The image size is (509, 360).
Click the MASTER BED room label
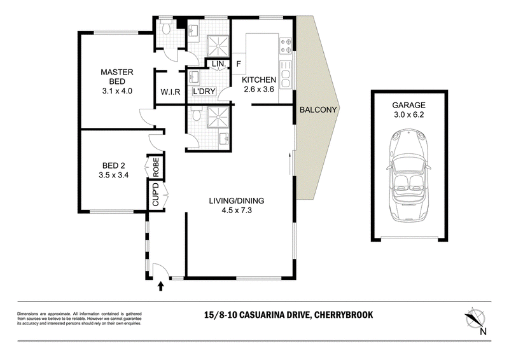(x=117, y=76)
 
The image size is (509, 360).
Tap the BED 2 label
(x=114, y=166)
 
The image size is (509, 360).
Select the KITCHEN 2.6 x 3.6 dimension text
(x=259, y=89)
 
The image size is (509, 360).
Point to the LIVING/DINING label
(x=237, y=200)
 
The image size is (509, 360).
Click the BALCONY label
(x=318, y=110)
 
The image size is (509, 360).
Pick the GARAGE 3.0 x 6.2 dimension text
(x=408, y=114)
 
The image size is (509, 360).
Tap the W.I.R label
(x=170, y=92)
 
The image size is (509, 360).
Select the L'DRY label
(x=204, y=92)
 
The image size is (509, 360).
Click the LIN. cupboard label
(x=219, y=64)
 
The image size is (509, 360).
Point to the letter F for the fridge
(x=239, y=64)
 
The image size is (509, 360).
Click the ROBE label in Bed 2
(x=156, y=167)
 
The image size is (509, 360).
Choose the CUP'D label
(x=155, y=194)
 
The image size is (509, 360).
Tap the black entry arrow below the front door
(x=161, y=286)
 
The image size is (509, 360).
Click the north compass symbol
(x=476, y=319)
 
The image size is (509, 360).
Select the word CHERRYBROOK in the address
(x=344, y=315)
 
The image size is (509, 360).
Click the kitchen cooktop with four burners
(x=286, y=45)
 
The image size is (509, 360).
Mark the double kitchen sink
(x=286, y=74)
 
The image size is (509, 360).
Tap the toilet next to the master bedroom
(x=167, y=28)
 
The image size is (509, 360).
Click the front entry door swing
(x=160, y=270)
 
